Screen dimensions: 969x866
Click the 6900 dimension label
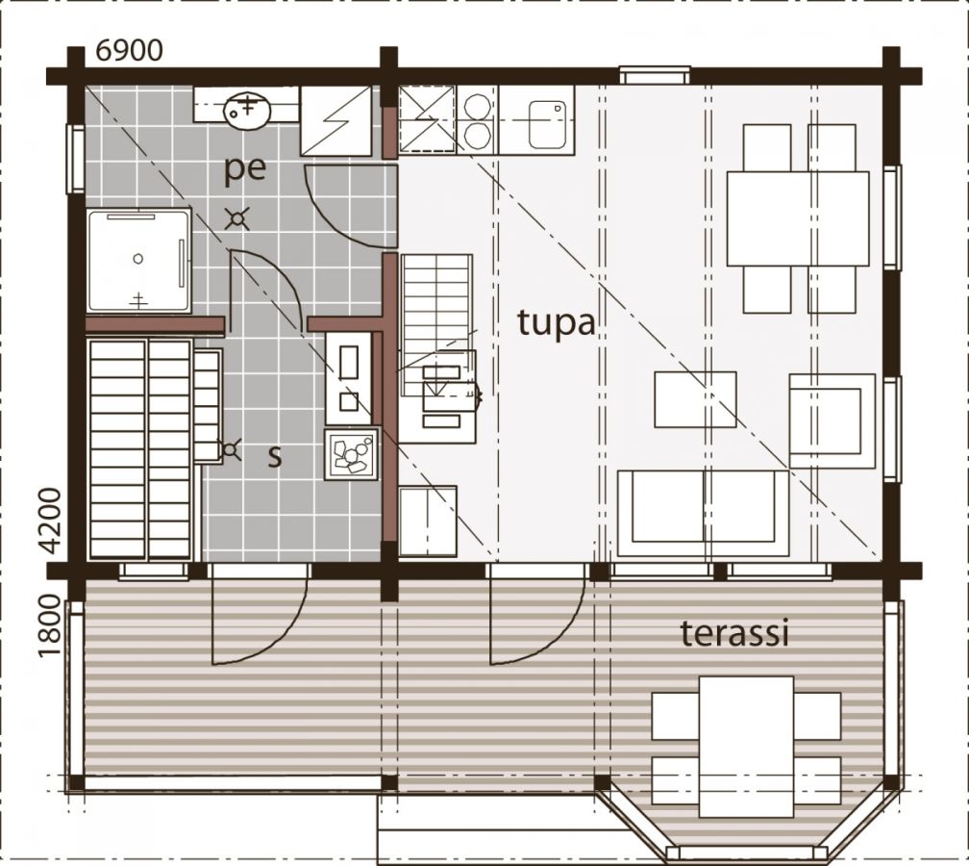point(129,51)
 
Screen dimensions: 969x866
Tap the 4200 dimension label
point(49,521)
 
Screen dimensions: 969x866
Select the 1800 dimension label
point(49,626)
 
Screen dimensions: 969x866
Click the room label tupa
point(557,323)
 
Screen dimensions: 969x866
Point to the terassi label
point(734,633)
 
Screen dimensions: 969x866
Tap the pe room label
point(245,169)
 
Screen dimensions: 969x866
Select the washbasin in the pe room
point(247,110)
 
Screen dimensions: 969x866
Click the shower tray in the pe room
point(138,261)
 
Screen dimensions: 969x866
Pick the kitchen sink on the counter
point(548,124)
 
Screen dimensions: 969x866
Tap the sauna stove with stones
point(351,454)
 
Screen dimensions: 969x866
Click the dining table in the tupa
point(798,218)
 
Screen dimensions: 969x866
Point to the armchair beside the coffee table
point(832,420)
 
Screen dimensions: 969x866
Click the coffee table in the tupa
point(695,399)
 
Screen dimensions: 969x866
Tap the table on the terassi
point(747,747)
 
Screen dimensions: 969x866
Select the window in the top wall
point(655,75)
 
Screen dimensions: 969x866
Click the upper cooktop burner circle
point(477,104)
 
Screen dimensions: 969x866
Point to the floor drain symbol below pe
point(237,218)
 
